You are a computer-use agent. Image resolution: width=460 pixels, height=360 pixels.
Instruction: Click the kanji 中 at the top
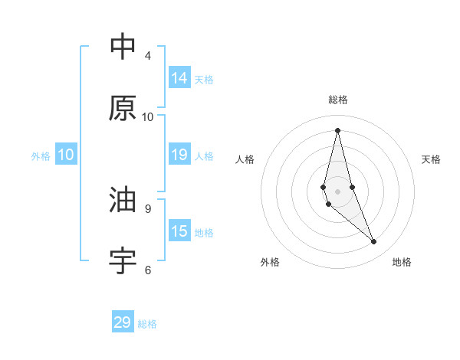coord(123,47)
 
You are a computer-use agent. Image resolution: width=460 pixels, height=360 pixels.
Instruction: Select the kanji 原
coord(123,108)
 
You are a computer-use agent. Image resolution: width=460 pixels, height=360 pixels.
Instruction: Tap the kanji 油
coord(123,200)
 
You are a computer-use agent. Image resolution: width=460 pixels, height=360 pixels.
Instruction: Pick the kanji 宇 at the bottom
coord(123,261)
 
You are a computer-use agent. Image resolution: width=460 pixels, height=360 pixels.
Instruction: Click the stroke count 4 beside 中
coord(147,56)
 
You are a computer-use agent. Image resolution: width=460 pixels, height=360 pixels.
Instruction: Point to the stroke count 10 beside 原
coord(147,117)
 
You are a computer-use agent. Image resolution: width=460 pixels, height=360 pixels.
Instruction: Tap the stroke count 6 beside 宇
coord(147,270)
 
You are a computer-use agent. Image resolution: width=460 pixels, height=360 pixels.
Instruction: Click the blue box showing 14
coord(179,78)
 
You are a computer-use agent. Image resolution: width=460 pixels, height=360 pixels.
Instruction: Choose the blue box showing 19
coord(179,155)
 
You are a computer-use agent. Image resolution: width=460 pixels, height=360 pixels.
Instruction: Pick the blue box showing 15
coord(179,231)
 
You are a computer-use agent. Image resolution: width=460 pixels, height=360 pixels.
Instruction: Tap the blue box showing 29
coord(123,322)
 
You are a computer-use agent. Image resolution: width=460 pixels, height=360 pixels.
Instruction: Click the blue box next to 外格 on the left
coord(66,155)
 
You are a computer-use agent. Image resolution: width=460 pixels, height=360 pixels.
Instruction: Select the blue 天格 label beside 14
coord(204,79)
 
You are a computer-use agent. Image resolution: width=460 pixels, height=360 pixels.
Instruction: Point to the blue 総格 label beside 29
coord(147,324)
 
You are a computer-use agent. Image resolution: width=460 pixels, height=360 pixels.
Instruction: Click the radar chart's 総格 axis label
coord(338,100)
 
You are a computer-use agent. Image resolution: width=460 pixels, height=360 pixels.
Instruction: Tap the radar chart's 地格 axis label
coord(402,262)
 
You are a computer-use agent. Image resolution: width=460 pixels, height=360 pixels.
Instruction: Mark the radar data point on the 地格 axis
coord(374,242)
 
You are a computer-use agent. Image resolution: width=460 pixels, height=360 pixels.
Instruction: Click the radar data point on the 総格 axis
coord(338,130)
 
